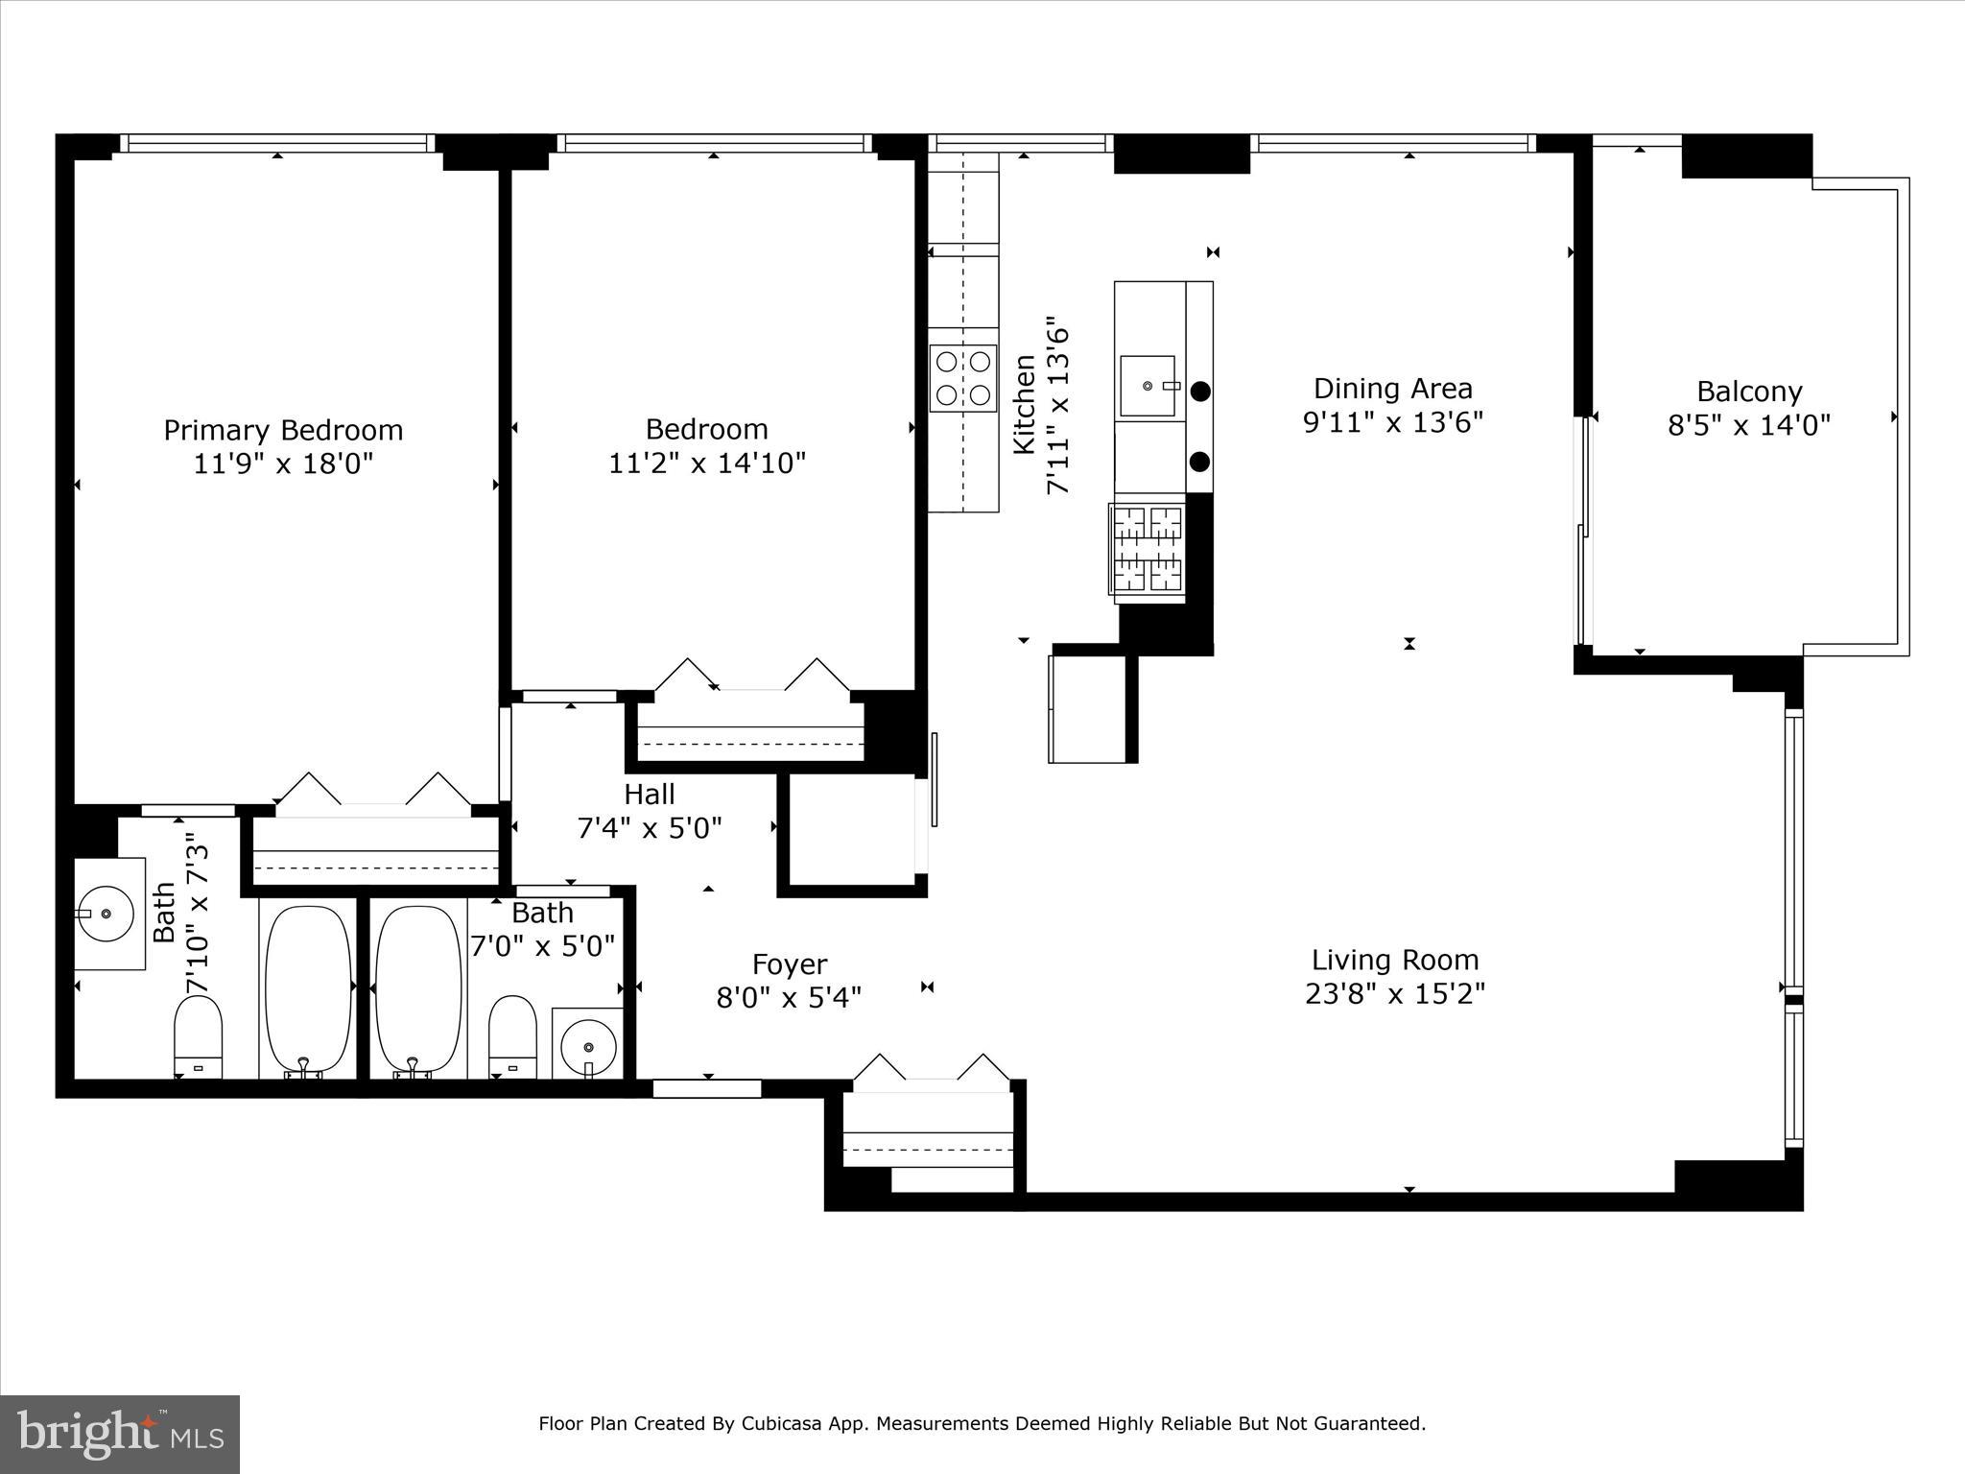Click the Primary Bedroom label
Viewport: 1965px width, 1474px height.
[283, 430]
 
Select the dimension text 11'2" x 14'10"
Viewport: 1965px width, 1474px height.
[707, 464]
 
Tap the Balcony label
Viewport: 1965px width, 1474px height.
[1749, 392]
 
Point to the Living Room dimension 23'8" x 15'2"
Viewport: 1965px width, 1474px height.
[1395, 993]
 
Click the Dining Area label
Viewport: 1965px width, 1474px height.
[1392, 389]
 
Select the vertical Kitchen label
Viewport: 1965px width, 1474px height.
[1025, 404]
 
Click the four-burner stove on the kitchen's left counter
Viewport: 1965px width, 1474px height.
[962, 378]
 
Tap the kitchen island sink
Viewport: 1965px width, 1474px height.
[1148, 386]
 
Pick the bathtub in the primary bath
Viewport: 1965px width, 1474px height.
[307, 989]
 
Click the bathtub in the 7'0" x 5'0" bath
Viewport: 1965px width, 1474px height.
[417, 989]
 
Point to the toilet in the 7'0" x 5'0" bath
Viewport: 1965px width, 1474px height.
[512, 1036]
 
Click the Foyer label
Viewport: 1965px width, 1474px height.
[789, 964]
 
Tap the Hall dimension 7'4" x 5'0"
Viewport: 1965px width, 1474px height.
[650, 828]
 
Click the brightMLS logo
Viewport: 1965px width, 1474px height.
[120, 1434]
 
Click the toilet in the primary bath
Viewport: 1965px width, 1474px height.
[198, 1036]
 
